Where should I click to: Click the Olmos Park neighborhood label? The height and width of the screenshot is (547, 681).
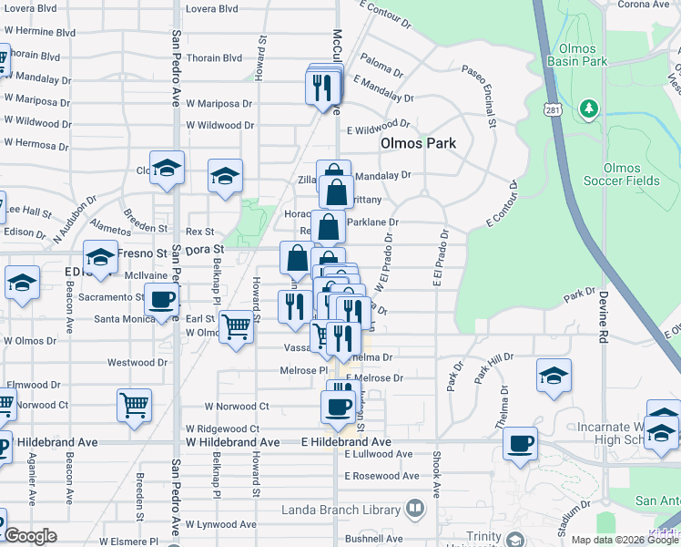tap(418, 143)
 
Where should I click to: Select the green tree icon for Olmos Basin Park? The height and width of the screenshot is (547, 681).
tap(588, 110)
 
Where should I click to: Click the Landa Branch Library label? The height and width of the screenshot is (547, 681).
tap(342, 508)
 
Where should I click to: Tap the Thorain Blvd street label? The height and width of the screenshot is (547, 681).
tap(215, 57)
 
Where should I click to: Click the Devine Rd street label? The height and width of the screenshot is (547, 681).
tap(603, 318)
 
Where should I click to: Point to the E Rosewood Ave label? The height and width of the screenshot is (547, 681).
tap(384, 477)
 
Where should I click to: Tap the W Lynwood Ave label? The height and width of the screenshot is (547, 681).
tap(222, 524)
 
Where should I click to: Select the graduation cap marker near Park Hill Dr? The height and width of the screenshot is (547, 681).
tap(553, 375)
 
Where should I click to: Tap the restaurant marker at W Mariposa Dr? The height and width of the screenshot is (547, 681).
tap(322, 88)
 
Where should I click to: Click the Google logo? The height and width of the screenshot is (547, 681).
tap(31, 536)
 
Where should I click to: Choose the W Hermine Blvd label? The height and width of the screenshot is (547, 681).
tap(39, 31)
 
